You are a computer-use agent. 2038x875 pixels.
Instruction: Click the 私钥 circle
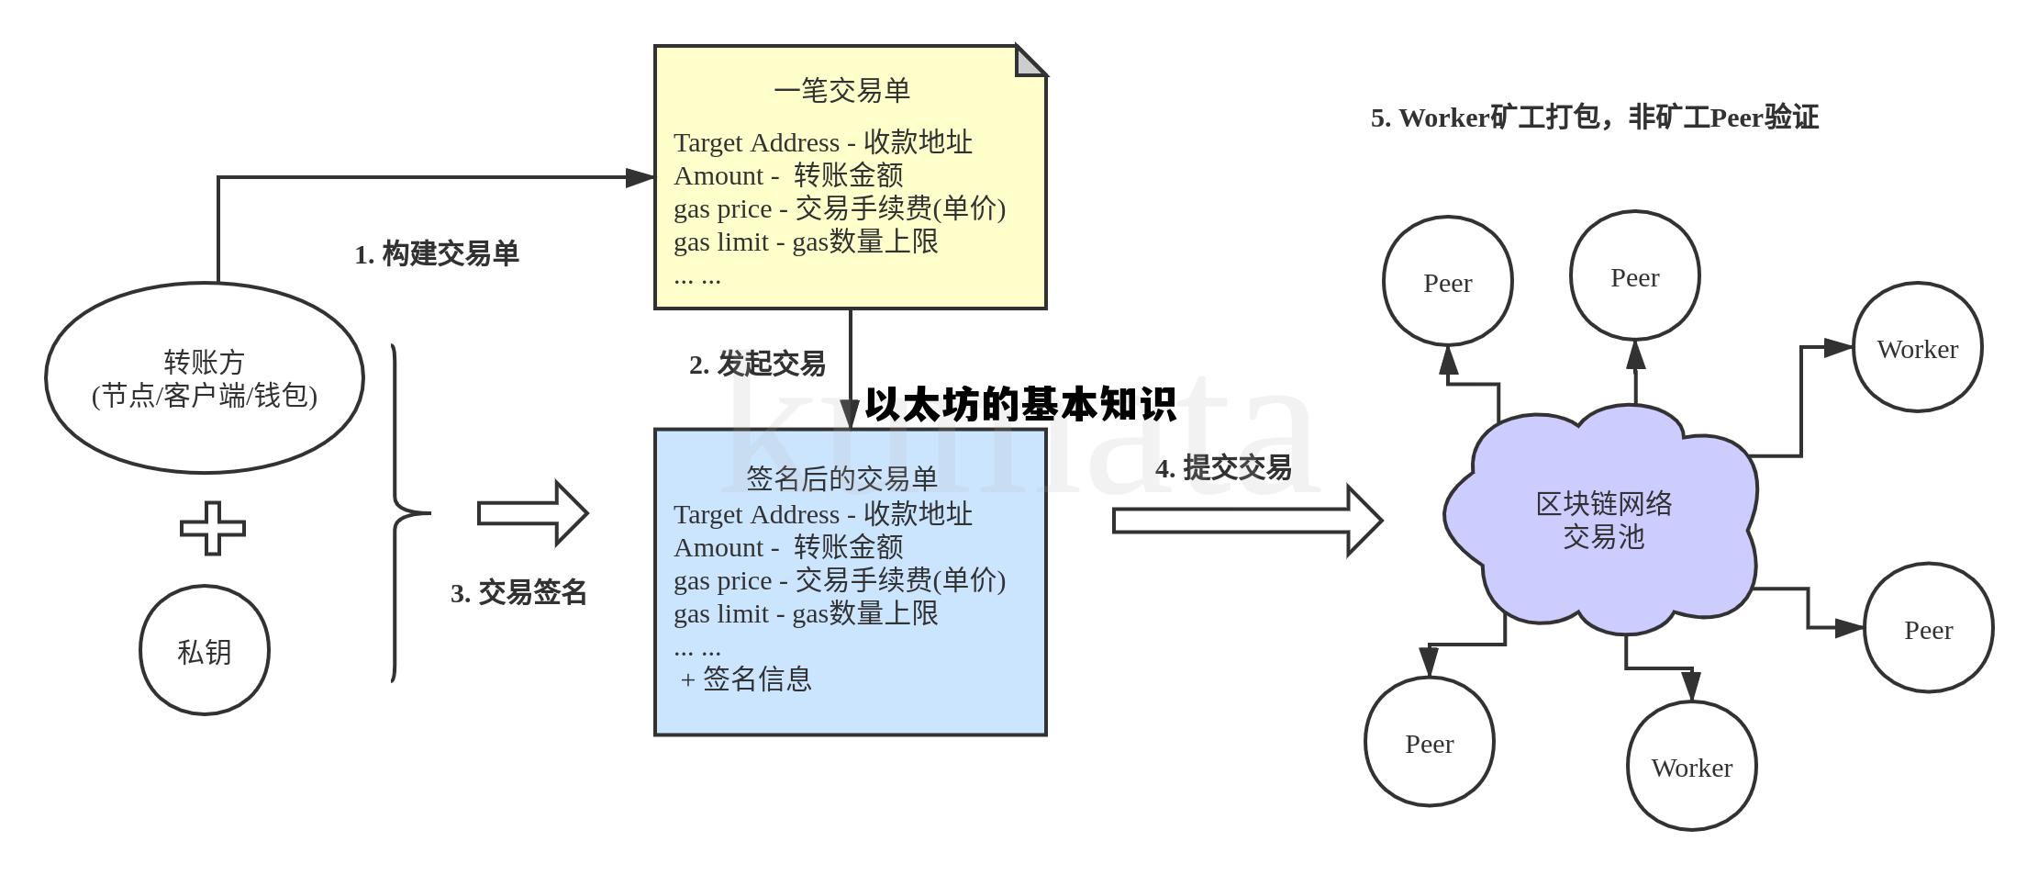pos(204,650)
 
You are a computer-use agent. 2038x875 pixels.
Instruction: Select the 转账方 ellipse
pos(204,377)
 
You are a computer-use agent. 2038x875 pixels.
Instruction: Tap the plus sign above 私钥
pos(213,528)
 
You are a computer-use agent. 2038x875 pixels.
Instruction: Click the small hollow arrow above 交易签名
pos(533,513)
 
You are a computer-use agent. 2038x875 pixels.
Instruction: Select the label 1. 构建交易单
pos(437,254)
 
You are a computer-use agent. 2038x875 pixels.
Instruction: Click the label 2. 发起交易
pos(757,365)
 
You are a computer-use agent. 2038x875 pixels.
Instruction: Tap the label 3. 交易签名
pos(518,593)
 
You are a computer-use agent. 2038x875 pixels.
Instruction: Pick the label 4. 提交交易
pos(1223,468)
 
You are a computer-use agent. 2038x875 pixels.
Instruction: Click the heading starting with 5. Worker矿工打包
pos(1594,118)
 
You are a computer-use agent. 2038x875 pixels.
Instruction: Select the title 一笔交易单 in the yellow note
pos(841,90)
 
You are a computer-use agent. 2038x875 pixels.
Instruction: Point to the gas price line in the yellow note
pos(839,208)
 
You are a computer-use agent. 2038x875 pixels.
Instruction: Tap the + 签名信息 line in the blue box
pos(746,679)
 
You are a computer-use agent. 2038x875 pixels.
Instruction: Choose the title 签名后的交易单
pos(841,478)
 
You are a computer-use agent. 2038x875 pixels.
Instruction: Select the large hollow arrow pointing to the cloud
pos(1247,521)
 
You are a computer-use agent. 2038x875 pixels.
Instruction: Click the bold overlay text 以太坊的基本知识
pos(1020,405)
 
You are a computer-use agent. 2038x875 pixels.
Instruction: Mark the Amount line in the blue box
pos(788,548)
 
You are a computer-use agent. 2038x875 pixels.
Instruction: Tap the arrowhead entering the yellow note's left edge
pos(640,177)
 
